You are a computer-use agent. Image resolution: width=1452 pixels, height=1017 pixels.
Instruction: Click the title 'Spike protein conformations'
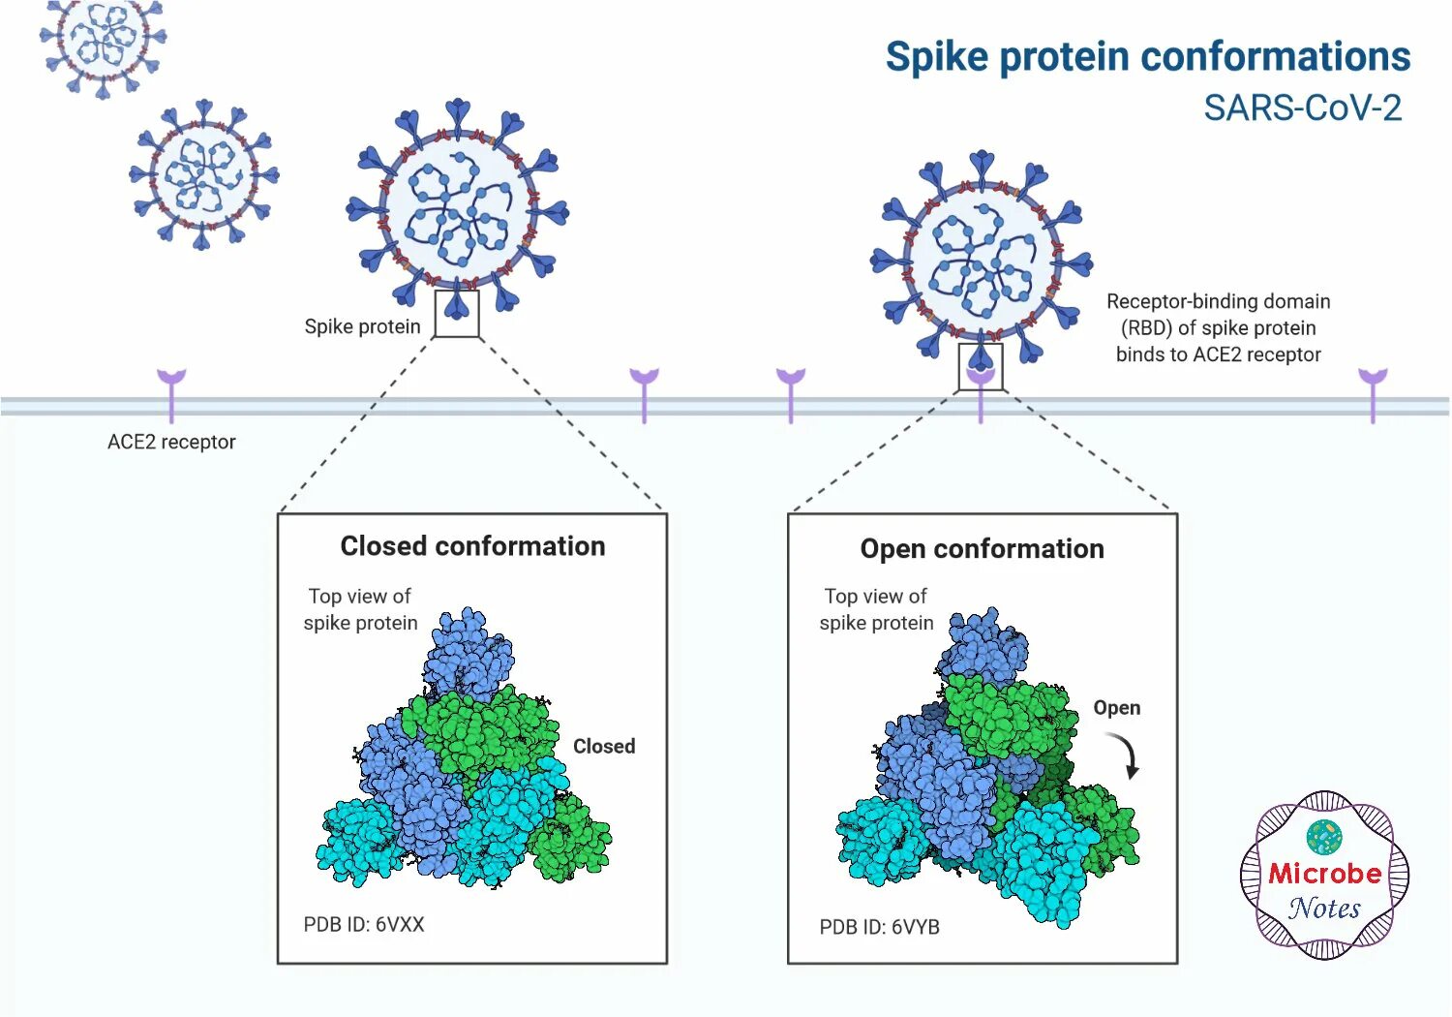tap(1147, 56)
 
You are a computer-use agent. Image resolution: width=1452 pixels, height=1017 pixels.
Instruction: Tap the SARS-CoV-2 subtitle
tap(1302, 108)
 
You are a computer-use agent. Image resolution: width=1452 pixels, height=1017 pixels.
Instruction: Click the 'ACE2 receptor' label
tap(171, 442)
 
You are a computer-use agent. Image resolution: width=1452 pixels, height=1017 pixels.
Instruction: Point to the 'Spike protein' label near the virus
tap(362, 326)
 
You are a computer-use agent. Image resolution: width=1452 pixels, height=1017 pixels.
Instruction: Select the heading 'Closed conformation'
tap(472, 546)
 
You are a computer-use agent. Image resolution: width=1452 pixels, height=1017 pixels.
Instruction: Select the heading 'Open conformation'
tap(982, 549)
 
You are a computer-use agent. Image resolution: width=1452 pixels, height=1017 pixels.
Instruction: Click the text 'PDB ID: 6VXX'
tap(364, 924)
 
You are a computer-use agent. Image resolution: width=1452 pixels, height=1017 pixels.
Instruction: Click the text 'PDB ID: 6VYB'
tap(879, 927)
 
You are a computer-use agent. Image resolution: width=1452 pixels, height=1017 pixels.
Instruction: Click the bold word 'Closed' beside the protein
tap(604, 746)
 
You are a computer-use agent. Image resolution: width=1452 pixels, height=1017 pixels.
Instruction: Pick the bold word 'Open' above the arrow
tap(1116, 708)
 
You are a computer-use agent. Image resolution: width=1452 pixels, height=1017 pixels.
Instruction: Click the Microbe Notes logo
tap(1324, 876)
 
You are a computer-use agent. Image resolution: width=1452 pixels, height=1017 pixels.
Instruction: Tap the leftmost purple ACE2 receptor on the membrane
tap(171, 392)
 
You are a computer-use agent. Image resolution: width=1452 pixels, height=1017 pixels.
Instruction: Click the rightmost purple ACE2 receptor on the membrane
tap(1373, 392)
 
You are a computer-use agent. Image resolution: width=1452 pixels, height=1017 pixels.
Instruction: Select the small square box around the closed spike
tap(457, 313)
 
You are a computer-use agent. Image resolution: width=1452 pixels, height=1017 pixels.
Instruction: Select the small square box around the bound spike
tap(981, 366)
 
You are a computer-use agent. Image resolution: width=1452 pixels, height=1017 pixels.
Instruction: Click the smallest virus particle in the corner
tap(102, 41)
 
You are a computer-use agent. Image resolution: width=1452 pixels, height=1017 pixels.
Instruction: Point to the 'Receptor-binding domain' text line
tap(1218, 301)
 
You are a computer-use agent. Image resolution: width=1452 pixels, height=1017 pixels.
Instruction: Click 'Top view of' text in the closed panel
tap(359, 596)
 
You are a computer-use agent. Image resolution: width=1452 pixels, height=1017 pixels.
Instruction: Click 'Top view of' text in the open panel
tap(875, 596)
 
